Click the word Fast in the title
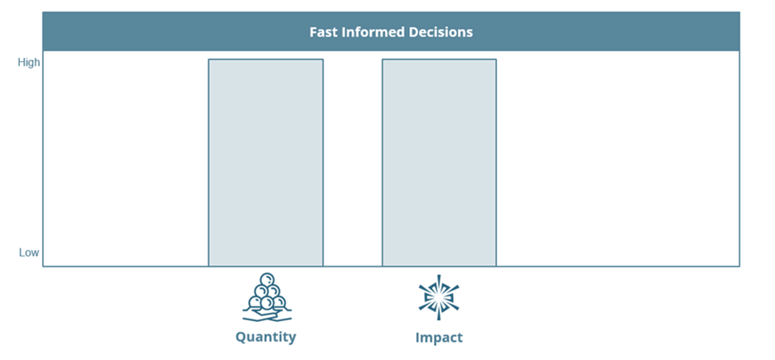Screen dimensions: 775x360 320,32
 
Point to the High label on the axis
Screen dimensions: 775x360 29,63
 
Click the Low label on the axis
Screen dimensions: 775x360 29,252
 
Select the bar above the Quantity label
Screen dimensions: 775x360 266,163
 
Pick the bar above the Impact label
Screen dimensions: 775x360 439,163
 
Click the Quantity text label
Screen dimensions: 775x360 266,338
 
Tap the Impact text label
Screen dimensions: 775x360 439,338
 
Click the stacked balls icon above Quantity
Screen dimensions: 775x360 267,297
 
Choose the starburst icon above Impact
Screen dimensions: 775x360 439,297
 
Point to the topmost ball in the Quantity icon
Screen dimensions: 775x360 267,280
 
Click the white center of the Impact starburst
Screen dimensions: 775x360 439,297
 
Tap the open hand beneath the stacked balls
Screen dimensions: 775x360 267,314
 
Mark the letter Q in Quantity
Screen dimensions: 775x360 241,338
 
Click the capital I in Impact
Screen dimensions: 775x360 417,338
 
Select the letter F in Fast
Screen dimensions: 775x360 313,32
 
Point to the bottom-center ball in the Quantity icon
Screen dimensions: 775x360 267,302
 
